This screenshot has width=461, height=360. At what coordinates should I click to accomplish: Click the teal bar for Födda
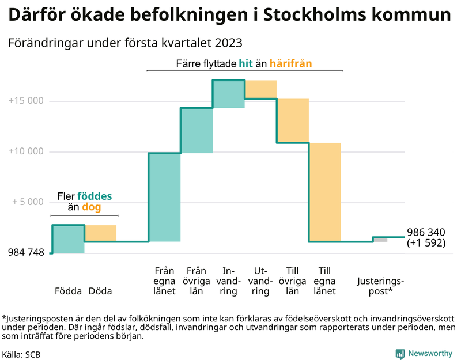pos(68,239)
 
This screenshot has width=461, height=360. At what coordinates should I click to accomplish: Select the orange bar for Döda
pos(101,233)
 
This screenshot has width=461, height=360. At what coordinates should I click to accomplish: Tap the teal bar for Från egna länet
pos(164,197)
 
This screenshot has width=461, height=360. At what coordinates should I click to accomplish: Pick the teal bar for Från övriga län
pos(197,130)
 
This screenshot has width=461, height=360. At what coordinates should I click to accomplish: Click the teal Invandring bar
pos(228,94)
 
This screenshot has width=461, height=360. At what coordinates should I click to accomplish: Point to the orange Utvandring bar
pos(261,89)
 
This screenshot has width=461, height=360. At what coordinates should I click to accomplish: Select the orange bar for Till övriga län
pos(293,120)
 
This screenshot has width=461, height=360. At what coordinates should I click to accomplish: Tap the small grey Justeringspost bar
pos(380,240)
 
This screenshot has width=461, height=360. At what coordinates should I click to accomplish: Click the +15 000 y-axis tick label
pos(27,101)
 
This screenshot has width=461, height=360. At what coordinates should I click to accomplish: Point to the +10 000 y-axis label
pos(27,151)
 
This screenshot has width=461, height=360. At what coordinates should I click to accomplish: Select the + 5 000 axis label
pos(28,202)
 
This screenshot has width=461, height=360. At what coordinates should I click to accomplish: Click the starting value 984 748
pos(26,252)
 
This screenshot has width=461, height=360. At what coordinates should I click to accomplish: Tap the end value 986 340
pos(426,232)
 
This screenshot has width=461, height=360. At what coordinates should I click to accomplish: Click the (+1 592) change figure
pos(426,243)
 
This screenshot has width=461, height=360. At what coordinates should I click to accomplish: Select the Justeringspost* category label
pos(380,286)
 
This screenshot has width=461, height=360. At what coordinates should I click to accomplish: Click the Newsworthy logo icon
pos(400,354)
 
